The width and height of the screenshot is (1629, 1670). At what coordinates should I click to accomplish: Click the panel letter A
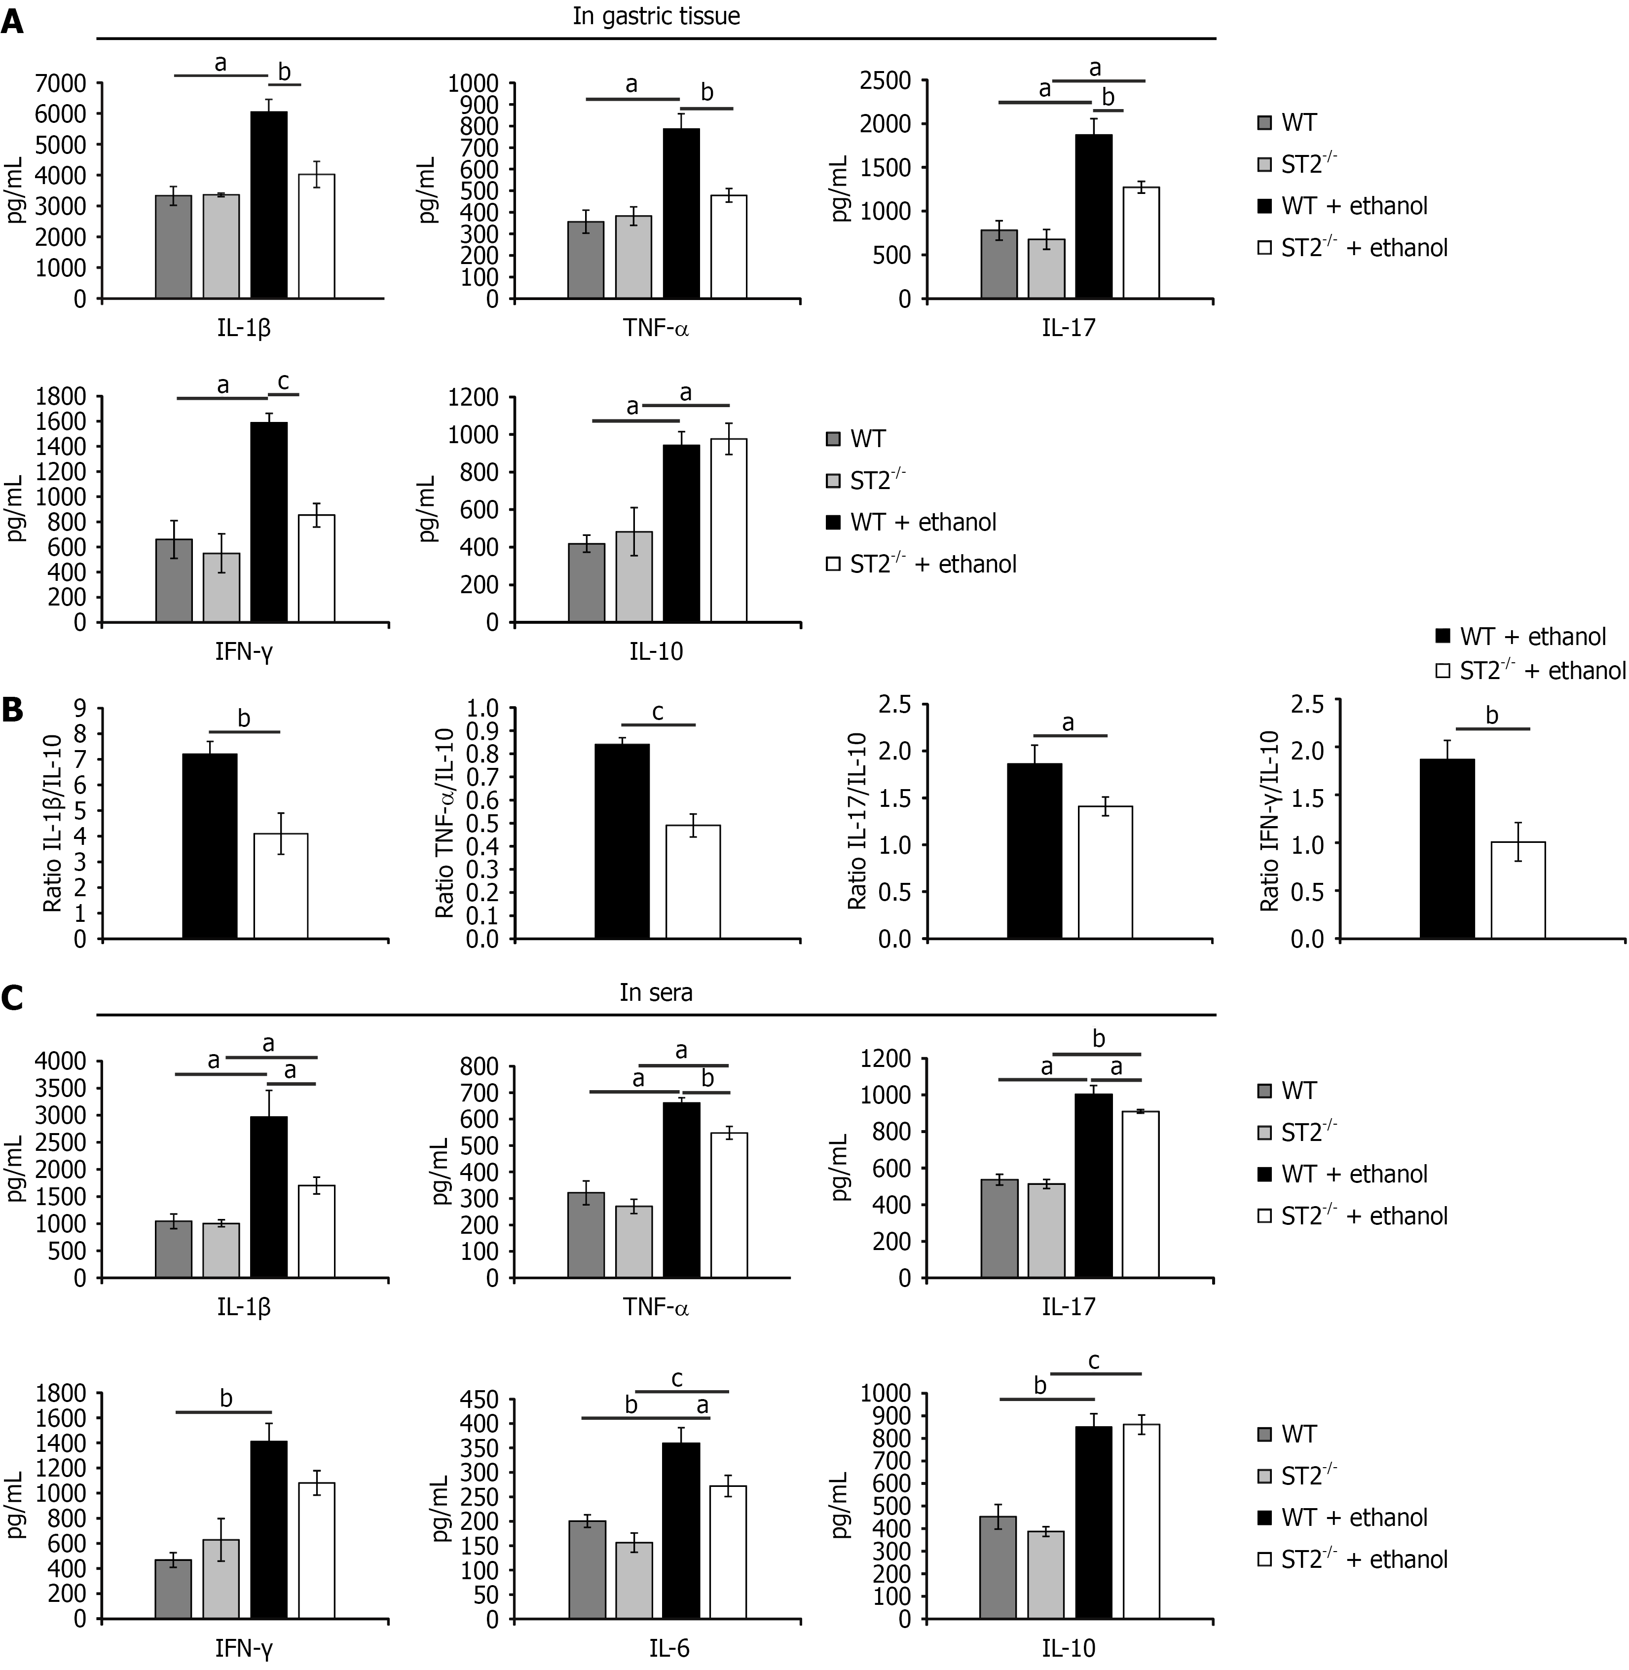click(x=11, y=19)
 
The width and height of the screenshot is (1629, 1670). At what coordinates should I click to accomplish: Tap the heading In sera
click(x=656, y=993)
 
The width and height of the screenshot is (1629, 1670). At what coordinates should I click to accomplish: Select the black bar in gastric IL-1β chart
click(x=269, y=205)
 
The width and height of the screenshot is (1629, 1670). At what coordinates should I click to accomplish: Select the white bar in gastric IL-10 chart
click(x=729, y=530)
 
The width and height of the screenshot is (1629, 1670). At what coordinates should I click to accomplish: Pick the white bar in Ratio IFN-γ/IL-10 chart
click(x=1518, y=890)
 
